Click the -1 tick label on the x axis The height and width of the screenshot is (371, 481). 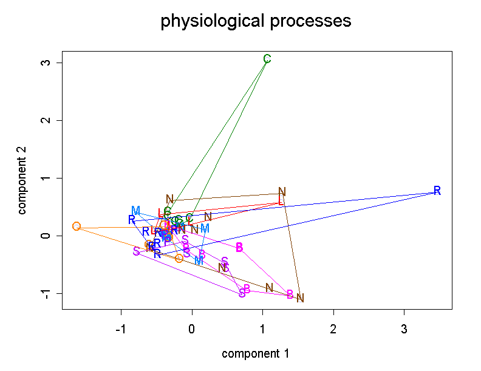pos(120,330)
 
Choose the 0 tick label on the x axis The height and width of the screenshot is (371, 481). pos(192,330)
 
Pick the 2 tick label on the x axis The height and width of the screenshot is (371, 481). pos(333,330)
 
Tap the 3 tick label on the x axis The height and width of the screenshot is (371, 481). pos(404,330)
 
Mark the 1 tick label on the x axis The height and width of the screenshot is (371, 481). pos(262,330)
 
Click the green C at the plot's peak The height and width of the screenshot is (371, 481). pos(267,59)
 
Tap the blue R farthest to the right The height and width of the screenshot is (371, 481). pos(437,191)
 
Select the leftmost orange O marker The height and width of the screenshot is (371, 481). pos(76,226)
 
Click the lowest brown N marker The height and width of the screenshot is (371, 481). pos(300,298)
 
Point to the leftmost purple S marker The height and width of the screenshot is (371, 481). pos(137,251)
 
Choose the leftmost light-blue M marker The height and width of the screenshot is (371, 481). pos(135,211)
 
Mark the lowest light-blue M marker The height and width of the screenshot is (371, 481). pos(199,260)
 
